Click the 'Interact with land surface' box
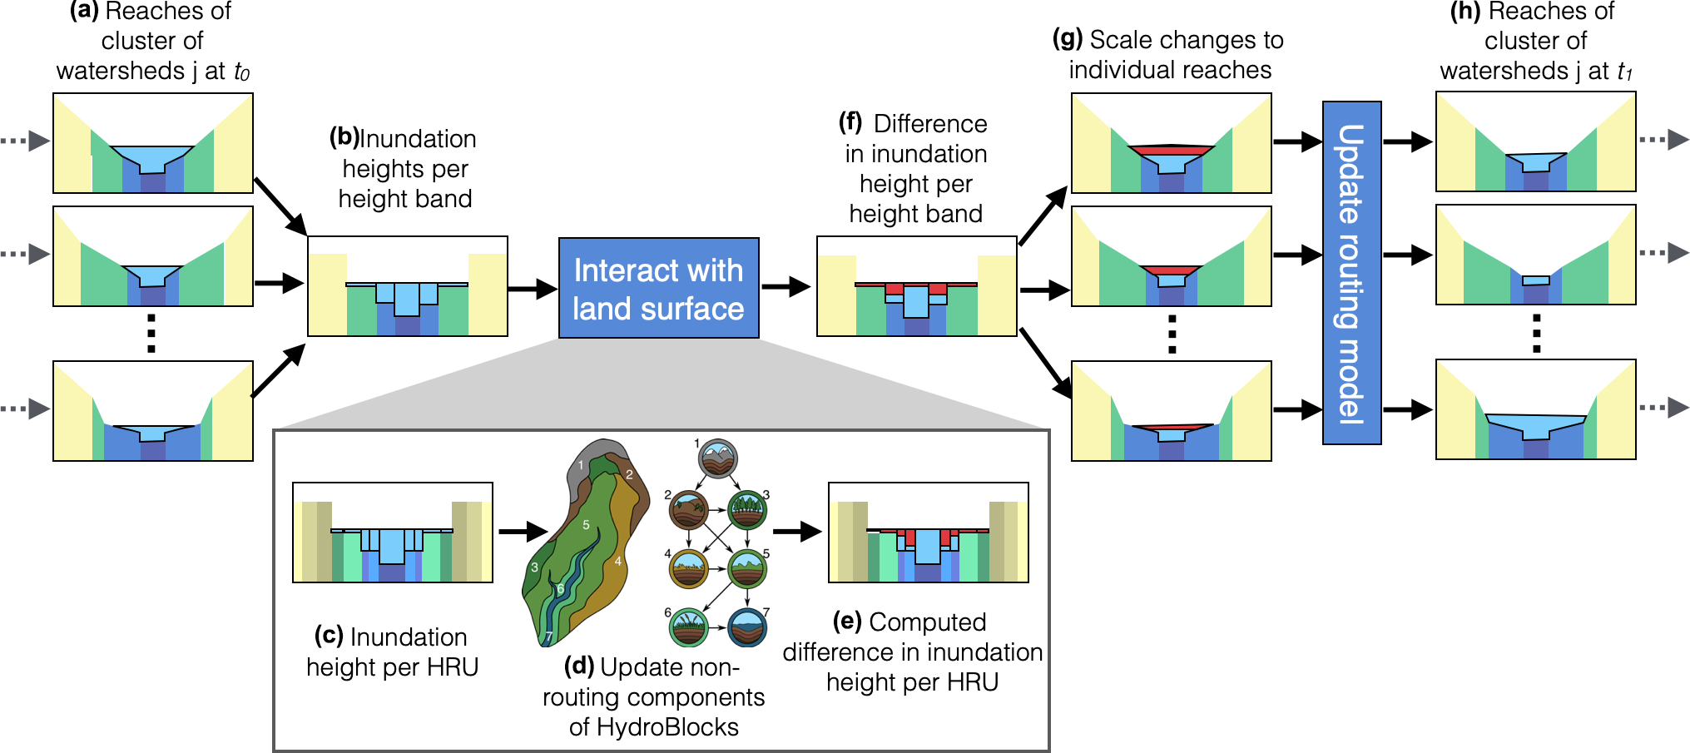pyautogui.click(x=658, y=288)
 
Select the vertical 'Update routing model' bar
pyautogui.click(x=1351, y=273)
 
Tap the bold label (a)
pyautogui.click(x=84, y=11)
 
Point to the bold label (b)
pyautogui.click(x=344, y=137)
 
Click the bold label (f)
pyautogui.click(x=850, y=122)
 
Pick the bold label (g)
pyautogui.click(x=1068, y=39)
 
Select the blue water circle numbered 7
pyautogui.click(x=747, y=628)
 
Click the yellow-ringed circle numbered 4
pyautogui.click(x=689, y=569)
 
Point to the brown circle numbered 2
pyautogui.click(x=689, y=509)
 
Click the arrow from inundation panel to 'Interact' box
pyautogui.click(x=533, y=289)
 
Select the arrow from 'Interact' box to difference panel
pyautogui.click(x=786, y=287)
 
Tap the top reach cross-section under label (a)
pyautogui.click(x=153, y=143)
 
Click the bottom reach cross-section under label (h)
pyautogui.click(x=1535, y=409)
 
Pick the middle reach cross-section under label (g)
pyautogui.click(x=1171, y=256)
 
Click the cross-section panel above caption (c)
pyautogui.click(x=393, y=533)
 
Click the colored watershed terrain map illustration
pyautogui.click(x=582, y=541)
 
